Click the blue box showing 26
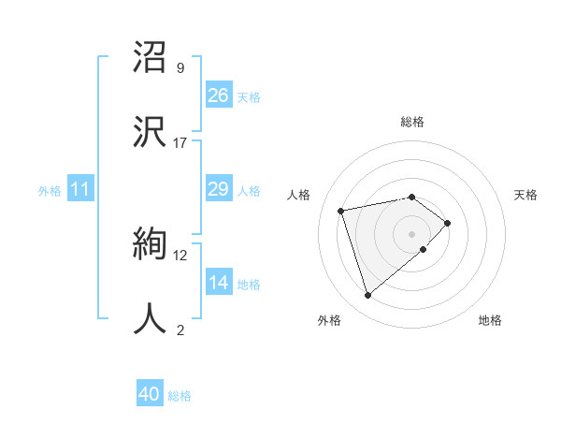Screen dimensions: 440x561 coord(218,95)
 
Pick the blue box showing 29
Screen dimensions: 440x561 coord(218,189)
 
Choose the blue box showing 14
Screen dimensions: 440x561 coord(218,283)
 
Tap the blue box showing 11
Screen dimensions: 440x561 coord(80,190)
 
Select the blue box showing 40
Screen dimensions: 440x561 coord(150,394)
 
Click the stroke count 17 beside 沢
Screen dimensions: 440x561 coord(180,143)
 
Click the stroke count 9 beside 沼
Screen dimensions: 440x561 coord(180,68)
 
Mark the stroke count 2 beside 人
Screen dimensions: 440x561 coord(180,330)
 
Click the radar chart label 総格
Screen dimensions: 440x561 coord(412,122)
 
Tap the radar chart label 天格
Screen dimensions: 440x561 coord(526,195)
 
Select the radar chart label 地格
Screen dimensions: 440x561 coord(490,320)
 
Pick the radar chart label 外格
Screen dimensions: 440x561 coord(329,320)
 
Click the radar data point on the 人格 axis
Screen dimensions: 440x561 coord(342,210)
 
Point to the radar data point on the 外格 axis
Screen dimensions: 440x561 coord(368,296)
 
